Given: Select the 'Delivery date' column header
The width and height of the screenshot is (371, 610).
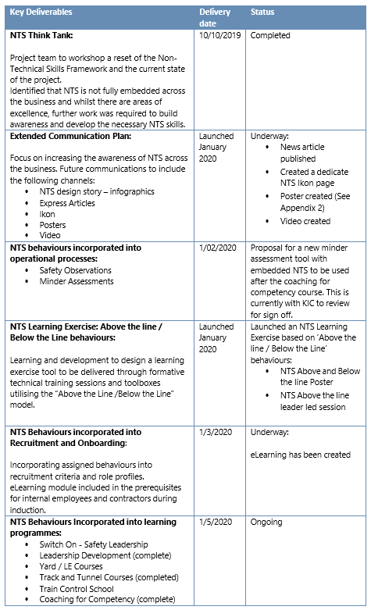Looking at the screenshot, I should pyautogui.click(x=215, y=18).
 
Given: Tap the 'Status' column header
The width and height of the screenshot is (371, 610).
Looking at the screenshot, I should pyautogui.click(x=262, y=13).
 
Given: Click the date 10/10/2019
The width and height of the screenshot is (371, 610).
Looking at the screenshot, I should pyautogui.click(x=220, y=36).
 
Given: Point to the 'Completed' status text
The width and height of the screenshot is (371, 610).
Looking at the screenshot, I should pyautogui.click(x=270, y=36).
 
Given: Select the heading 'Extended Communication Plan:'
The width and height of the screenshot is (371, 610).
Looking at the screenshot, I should pyautogui.click(x=71, y=136).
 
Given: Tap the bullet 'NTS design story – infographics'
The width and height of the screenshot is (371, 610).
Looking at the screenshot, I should pyautogui.click(x=97, y=191).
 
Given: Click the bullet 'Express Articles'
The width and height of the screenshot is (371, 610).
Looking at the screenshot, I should pyautogui.click(x=67, y=203).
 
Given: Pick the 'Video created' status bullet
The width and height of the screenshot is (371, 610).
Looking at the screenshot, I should pyautogui.click(x=305, y=221).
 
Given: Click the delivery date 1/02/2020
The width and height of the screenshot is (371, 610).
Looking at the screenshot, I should pyautogui.click(x=217, y=248).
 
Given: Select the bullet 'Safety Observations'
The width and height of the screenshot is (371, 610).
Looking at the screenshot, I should pyautogui.click(x=75, y=270).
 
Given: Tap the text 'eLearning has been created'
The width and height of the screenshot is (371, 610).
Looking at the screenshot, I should pyautogui.click(x=301, y=455).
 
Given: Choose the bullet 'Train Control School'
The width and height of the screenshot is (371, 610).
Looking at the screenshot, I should pyautogui.click(x=77, y=589).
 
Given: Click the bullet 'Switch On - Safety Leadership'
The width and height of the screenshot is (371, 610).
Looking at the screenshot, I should pyautogui.click(x=94, y=544).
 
